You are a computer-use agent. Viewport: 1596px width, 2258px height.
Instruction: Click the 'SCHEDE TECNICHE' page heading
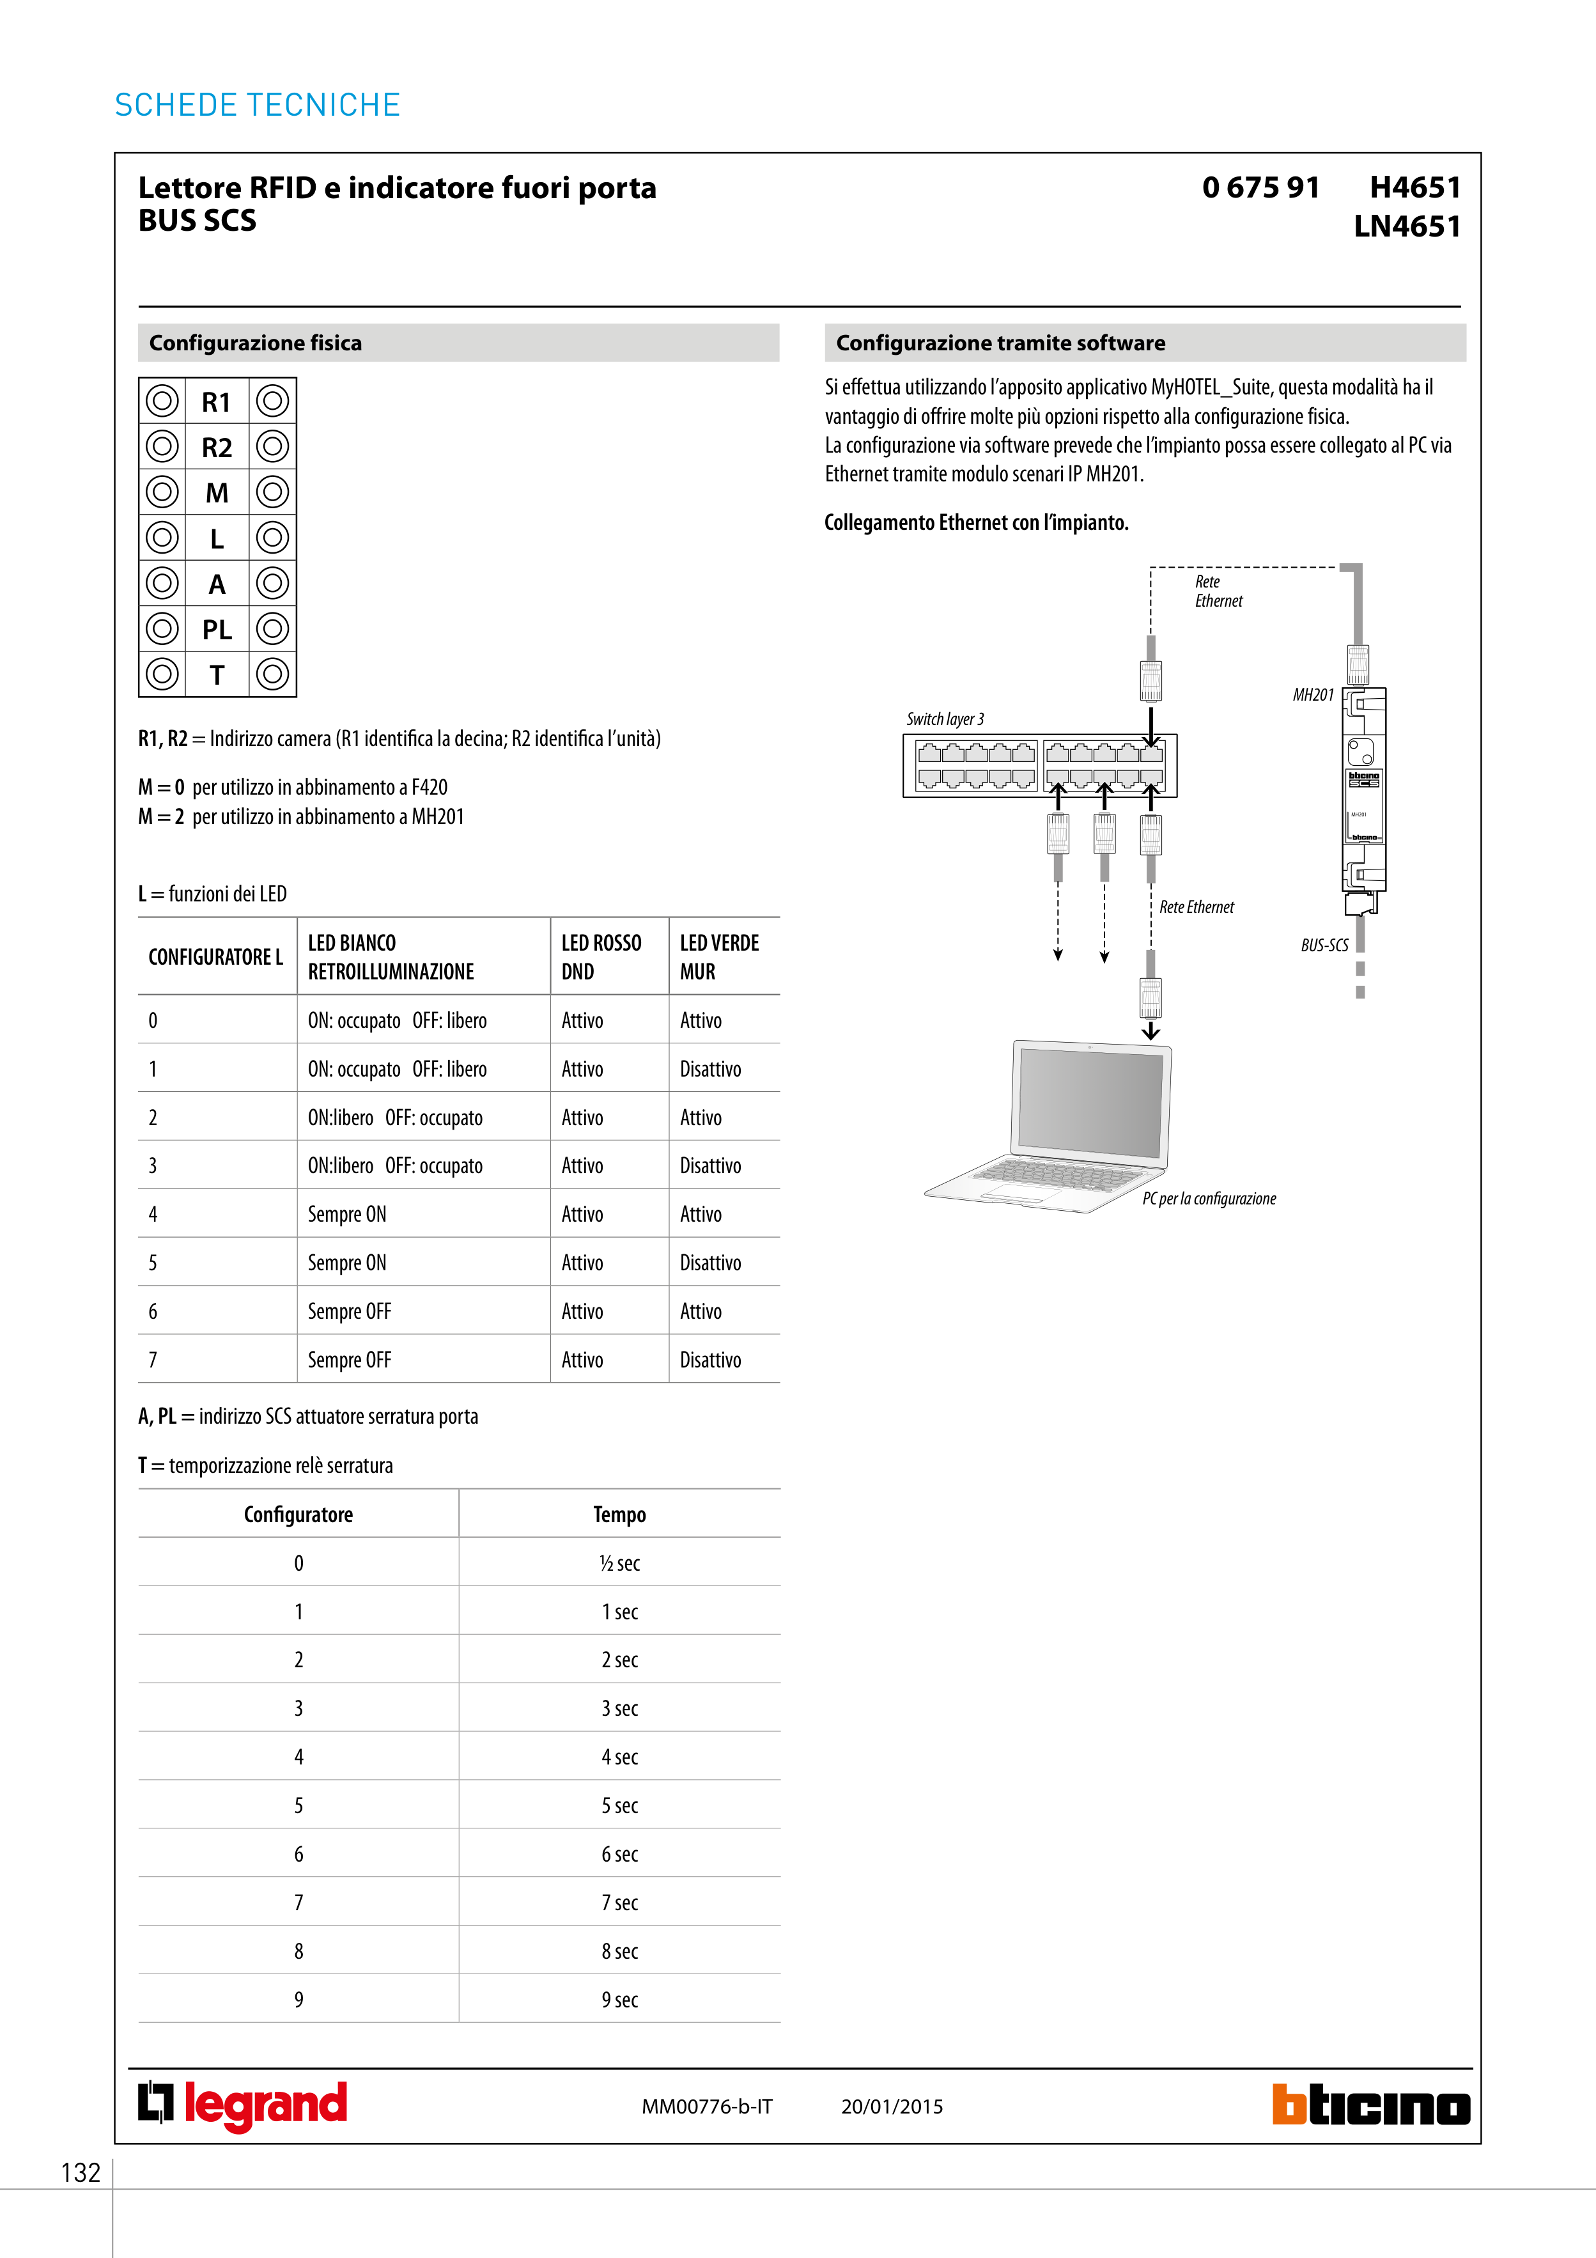258,105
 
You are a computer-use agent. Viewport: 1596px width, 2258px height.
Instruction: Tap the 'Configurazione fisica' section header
256,343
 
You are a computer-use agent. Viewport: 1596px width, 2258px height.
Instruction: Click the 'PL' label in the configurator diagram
217,630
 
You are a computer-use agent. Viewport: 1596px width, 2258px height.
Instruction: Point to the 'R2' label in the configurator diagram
217,448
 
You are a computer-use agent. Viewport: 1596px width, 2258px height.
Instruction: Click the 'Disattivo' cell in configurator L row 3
710,1165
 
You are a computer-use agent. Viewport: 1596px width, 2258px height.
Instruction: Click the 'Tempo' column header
619,1514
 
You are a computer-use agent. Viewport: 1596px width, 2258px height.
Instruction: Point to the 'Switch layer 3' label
945,719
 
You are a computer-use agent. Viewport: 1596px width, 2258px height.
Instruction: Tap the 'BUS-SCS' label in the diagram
1324,945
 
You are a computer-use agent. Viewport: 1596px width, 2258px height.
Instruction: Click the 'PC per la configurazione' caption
1209,1199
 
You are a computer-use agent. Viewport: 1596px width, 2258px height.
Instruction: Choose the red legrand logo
243,2105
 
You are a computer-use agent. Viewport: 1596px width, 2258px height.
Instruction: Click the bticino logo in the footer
1371,2106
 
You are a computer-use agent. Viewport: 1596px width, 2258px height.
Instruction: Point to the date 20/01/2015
892,2106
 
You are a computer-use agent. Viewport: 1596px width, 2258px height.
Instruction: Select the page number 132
81,2172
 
